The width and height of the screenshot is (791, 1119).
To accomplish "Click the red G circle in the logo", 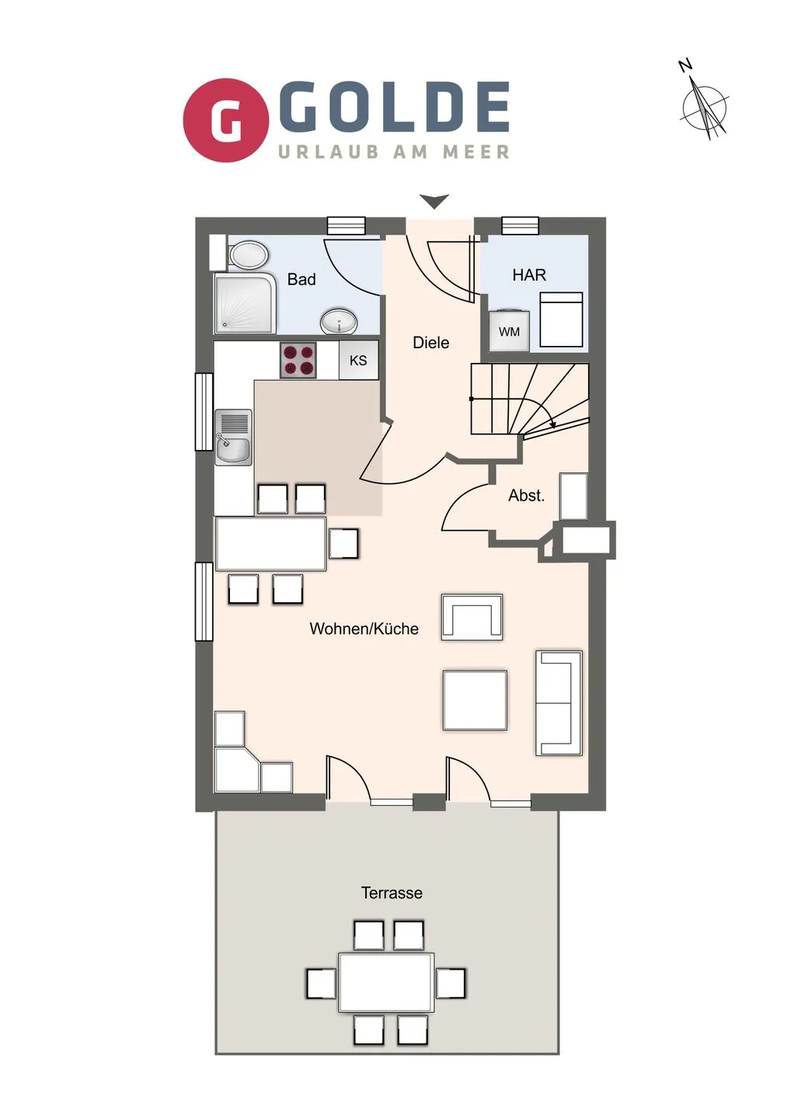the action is click(226, 120).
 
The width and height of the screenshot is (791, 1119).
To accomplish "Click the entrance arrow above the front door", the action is click(434, 201).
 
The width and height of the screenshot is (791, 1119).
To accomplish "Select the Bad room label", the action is click(301, 279).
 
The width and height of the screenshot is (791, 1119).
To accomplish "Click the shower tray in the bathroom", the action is click(246, 303).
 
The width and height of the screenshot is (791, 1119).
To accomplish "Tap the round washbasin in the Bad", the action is click(339, 321).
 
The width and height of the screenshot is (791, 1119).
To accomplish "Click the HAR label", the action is click(529, 275).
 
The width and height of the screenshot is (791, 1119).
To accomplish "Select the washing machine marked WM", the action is click(510, 330).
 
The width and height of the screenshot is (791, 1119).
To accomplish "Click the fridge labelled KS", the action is click(358, 361).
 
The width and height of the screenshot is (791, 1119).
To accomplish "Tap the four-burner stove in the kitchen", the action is click(298, 361).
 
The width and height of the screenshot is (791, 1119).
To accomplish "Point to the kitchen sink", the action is click(233, 437).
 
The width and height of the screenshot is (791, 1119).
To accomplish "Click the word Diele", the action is click(431, 343).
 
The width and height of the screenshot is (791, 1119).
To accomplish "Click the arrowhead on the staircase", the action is click(552, 425).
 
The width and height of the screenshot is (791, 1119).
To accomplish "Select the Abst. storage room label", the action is click(526, 496).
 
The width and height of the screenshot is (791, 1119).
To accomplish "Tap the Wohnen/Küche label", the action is click(364, 629).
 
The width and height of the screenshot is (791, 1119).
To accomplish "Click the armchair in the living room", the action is click(472, 617).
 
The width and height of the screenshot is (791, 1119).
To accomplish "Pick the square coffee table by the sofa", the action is click(475, 700).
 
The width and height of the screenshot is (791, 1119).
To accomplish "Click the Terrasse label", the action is click(392, 893).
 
